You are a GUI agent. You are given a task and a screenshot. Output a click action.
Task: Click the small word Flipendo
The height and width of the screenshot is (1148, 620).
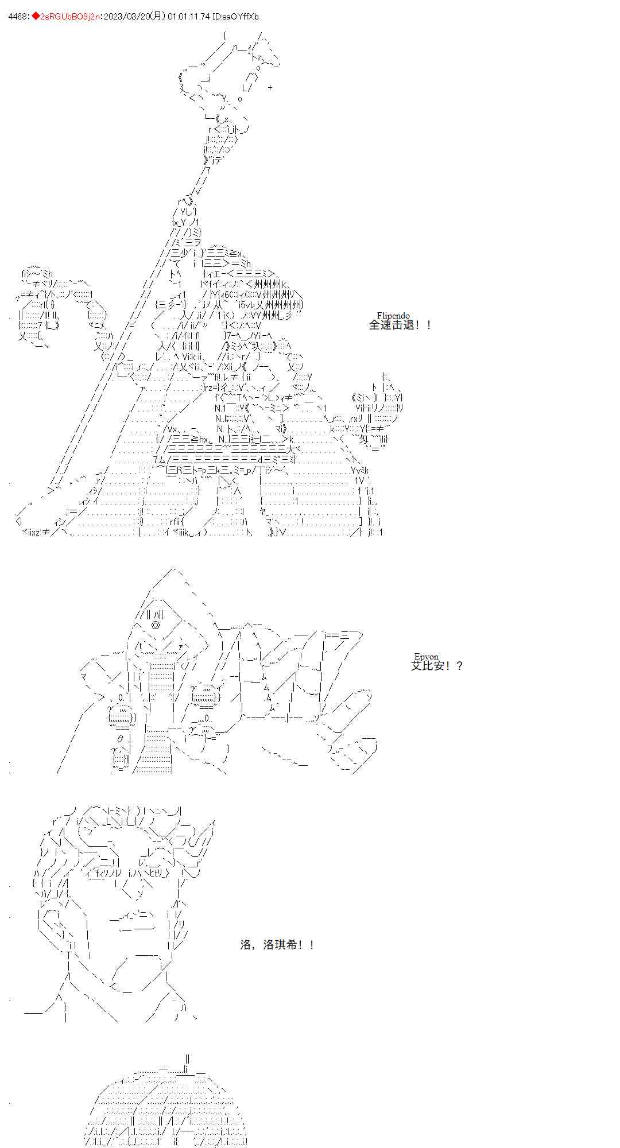393,316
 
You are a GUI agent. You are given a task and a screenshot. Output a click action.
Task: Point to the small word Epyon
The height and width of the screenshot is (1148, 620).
426,657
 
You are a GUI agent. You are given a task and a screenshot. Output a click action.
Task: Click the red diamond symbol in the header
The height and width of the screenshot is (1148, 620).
36,17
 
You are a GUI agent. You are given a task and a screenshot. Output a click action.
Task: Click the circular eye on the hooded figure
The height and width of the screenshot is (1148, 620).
156,625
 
